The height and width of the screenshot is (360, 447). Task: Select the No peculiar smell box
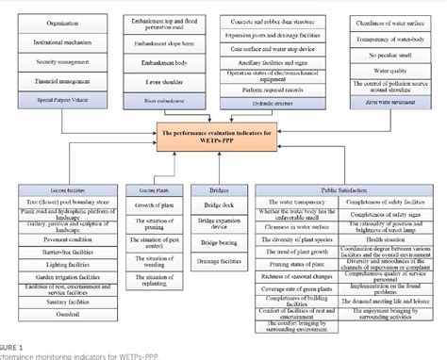[388, 57]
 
